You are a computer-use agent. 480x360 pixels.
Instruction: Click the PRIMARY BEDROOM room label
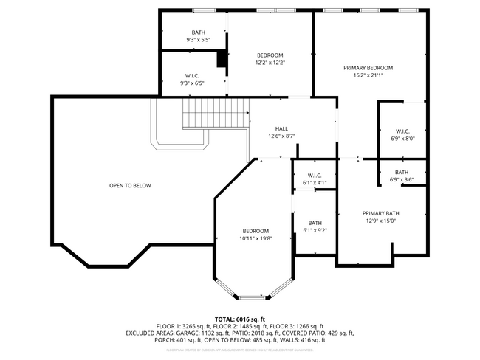click(368, 68)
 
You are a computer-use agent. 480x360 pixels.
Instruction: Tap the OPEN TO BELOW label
click(130, 186)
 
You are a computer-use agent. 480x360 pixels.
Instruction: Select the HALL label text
click(281, 128)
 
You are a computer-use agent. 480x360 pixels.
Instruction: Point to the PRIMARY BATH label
click(380, 212)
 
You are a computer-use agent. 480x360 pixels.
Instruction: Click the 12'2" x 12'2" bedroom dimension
click(270, 63)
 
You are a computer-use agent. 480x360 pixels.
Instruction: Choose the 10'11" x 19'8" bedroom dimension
click(256, 238)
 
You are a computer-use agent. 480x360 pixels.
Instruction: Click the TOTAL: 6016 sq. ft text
click(240, 317)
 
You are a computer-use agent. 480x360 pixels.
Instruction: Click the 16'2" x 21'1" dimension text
click(368, 76)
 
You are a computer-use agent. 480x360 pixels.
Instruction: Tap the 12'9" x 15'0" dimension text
click(380, 220)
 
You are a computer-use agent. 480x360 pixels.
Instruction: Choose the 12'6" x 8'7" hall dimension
click(281, 136)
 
